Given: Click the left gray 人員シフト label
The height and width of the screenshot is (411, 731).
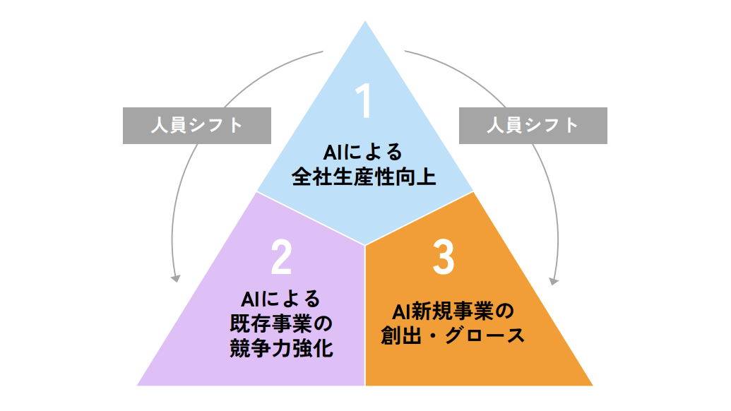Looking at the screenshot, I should point(197,126).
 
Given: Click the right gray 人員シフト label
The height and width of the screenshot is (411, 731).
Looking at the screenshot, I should point(533,126).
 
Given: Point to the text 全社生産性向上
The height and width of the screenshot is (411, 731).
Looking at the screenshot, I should point(364,176).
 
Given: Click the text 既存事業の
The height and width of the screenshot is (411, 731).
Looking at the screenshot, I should point(280,324).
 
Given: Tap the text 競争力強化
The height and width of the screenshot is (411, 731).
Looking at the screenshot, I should point(280,348).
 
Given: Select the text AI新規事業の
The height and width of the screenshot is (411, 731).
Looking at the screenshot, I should point(444,311).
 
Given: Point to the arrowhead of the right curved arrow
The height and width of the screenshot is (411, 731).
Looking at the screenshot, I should point(554,280).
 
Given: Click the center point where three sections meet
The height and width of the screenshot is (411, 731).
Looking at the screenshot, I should point(365,246).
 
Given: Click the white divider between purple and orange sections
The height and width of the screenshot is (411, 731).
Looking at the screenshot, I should point(365,318).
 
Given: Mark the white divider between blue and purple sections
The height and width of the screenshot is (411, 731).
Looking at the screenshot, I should point(311,219).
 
